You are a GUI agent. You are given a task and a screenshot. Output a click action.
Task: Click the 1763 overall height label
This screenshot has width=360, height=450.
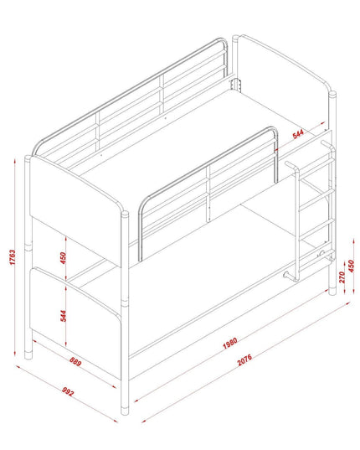(13, 257)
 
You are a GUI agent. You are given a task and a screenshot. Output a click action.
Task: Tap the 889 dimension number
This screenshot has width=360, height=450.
(75, 363)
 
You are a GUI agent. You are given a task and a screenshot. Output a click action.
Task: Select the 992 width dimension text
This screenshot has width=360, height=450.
(68, 391)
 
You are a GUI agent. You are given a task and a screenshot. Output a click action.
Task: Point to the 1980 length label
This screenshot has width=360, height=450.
(230, 343)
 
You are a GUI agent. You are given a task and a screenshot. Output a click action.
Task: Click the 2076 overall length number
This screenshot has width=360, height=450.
(244, 359)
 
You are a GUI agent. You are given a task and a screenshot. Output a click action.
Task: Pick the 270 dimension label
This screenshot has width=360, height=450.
(342, 277)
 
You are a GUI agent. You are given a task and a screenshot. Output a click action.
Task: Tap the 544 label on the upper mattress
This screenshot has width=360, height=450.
(298, 134)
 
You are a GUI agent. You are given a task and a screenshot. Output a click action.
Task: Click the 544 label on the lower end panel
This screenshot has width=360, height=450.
(63, 316)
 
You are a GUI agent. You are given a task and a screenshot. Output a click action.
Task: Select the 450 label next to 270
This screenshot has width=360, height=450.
(351, 266)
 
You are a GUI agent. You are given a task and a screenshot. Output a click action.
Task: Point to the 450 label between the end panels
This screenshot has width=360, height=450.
(63, 258)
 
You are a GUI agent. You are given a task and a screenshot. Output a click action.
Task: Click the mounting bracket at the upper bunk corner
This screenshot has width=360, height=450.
(235, 85)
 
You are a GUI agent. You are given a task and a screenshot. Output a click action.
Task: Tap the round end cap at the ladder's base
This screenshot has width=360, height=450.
(285, 275)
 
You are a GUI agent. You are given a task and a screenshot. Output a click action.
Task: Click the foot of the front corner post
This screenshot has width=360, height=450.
(125, 410)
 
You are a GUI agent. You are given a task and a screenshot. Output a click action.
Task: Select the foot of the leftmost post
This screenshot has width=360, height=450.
(28, 354)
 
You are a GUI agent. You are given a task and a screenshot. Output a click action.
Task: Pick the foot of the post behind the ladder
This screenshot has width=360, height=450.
(332, 291)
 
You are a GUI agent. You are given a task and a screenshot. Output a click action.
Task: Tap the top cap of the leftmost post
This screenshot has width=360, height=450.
(28, 158)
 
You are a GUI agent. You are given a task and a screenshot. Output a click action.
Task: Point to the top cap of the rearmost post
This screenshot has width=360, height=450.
(235, 39)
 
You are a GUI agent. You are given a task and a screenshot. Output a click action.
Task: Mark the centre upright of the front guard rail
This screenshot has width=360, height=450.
(208, 194)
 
